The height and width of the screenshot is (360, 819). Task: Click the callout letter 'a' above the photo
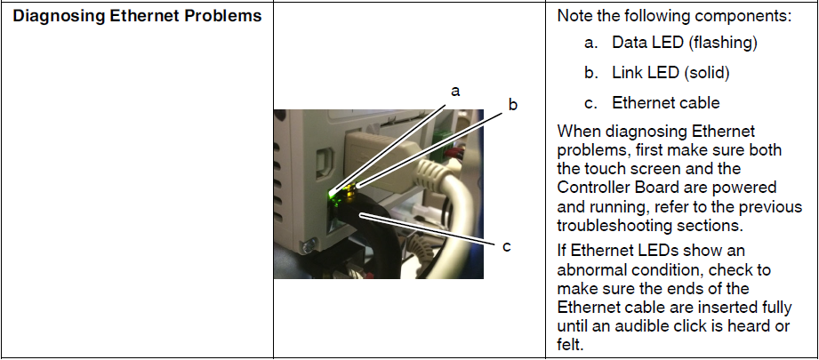[x=455, y=92]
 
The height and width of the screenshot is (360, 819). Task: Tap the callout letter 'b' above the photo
[x=513, y=105]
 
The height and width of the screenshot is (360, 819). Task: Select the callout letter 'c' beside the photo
[x=507, y=247]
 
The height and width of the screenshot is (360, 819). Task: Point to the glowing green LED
[x=333, y=196]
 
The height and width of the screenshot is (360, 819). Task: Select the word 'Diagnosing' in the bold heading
[x=59, y=16]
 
